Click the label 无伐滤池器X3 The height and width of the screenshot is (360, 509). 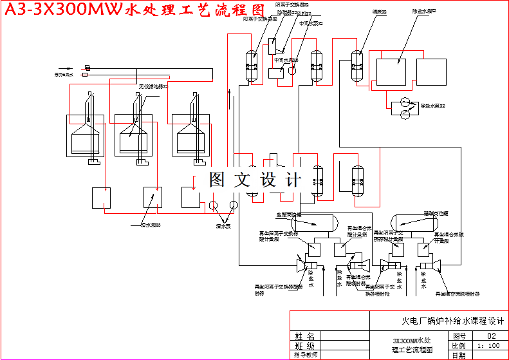click(153, 86)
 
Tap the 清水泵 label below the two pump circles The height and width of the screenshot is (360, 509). click(223, 226)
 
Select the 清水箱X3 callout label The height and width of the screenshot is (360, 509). click(150, 225)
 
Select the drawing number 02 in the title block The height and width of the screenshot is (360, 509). click(492, 336)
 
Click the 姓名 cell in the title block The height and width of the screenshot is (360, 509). click(305, 336)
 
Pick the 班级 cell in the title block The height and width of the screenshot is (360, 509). click(305, 345)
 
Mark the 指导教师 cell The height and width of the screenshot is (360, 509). click(305, 355)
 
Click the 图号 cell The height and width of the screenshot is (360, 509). click(459, 336)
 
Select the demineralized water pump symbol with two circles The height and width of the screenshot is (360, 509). click(406, 108)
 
